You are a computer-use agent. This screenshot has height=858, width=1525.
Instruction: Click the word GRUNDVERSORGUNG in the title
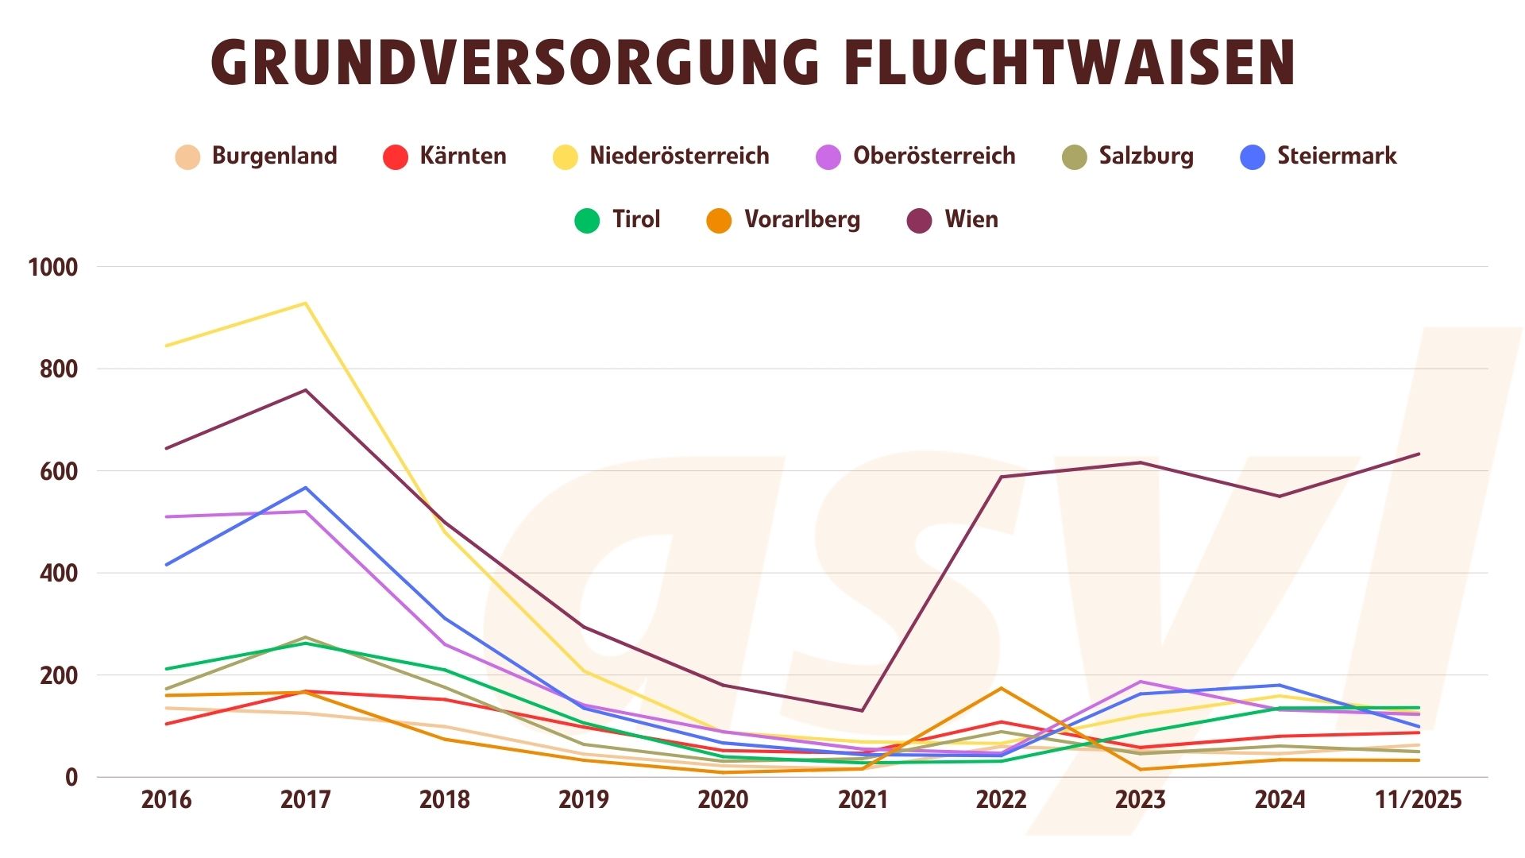pyautogui.click(x=515, y=62)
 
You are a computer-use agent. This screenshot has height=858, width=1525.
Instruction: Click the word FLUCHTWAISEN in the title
pyautogui.click(x=1069, y=62)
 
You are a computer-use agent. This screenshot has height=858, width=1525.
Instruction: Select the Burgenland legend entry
pyautogui.click(x=274, y=156)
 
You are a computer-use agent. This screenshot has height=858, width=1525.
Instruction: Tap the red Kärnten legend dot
pyautogui.click(x=395, y=157)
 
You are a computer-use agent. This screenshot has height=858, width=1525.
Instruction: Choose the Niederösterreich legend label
pyautogui.click(x=679, y=156)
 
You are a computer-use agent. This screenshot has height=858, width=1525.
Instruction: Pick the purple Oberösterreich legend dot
pyautogui.click(x=828, y=157)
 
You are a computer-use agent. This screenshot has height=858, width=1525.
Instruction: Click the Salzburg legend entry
pyautogui.click(x=1145, y=156)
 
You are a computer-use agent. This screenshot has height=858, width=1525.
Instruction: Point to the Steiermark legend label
pyautogui.click(x=1336, y=156)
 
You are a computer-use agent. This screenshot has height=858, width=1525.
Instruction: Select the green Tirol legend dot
pyautogui.click(x=587, y=220)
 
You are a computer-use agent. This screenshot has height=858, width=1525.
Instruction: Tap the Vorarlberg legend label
pyautogui.click(x=802, y=219)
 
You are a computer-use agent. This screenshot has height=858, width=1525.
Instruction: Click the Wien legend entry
pyautogui.click(x=971, y=219)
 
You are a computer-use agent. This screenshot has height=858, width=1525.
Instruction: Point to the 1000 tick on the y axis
pyautogui.click(x=53, y=268)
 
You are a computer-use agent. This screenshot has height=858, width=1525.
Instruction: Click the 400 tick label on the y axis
pyautogui.click(x=59, y=574)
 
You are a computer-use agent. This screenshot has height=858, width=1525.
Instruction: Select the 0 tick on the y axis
pyautogui.click(x=71, y=778)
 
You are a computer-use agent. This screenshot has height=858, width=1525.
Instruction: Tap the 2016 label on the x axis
pyautogui.click(x=166, y=799)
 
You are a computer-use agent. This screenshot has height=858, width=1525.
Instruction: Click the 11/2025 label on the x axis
pyautogui.click(x=1419, y=799)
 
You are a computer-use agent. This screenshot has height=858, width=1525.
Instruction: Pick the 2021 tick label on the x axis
pyautogui.click(x=863, y=799)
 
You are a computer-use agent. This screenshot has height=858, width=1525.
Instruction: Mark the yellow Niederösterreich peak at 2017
pyautogui.click(x=306, y=303)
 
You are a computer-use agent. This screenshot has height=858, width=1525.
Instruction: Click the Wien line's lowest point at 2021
pyautogui.click(x=863, y=710)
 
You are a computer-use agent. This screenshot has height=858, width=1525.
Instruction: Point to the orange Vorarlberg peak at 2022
pyautogui.click(x=1001, y=688)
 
